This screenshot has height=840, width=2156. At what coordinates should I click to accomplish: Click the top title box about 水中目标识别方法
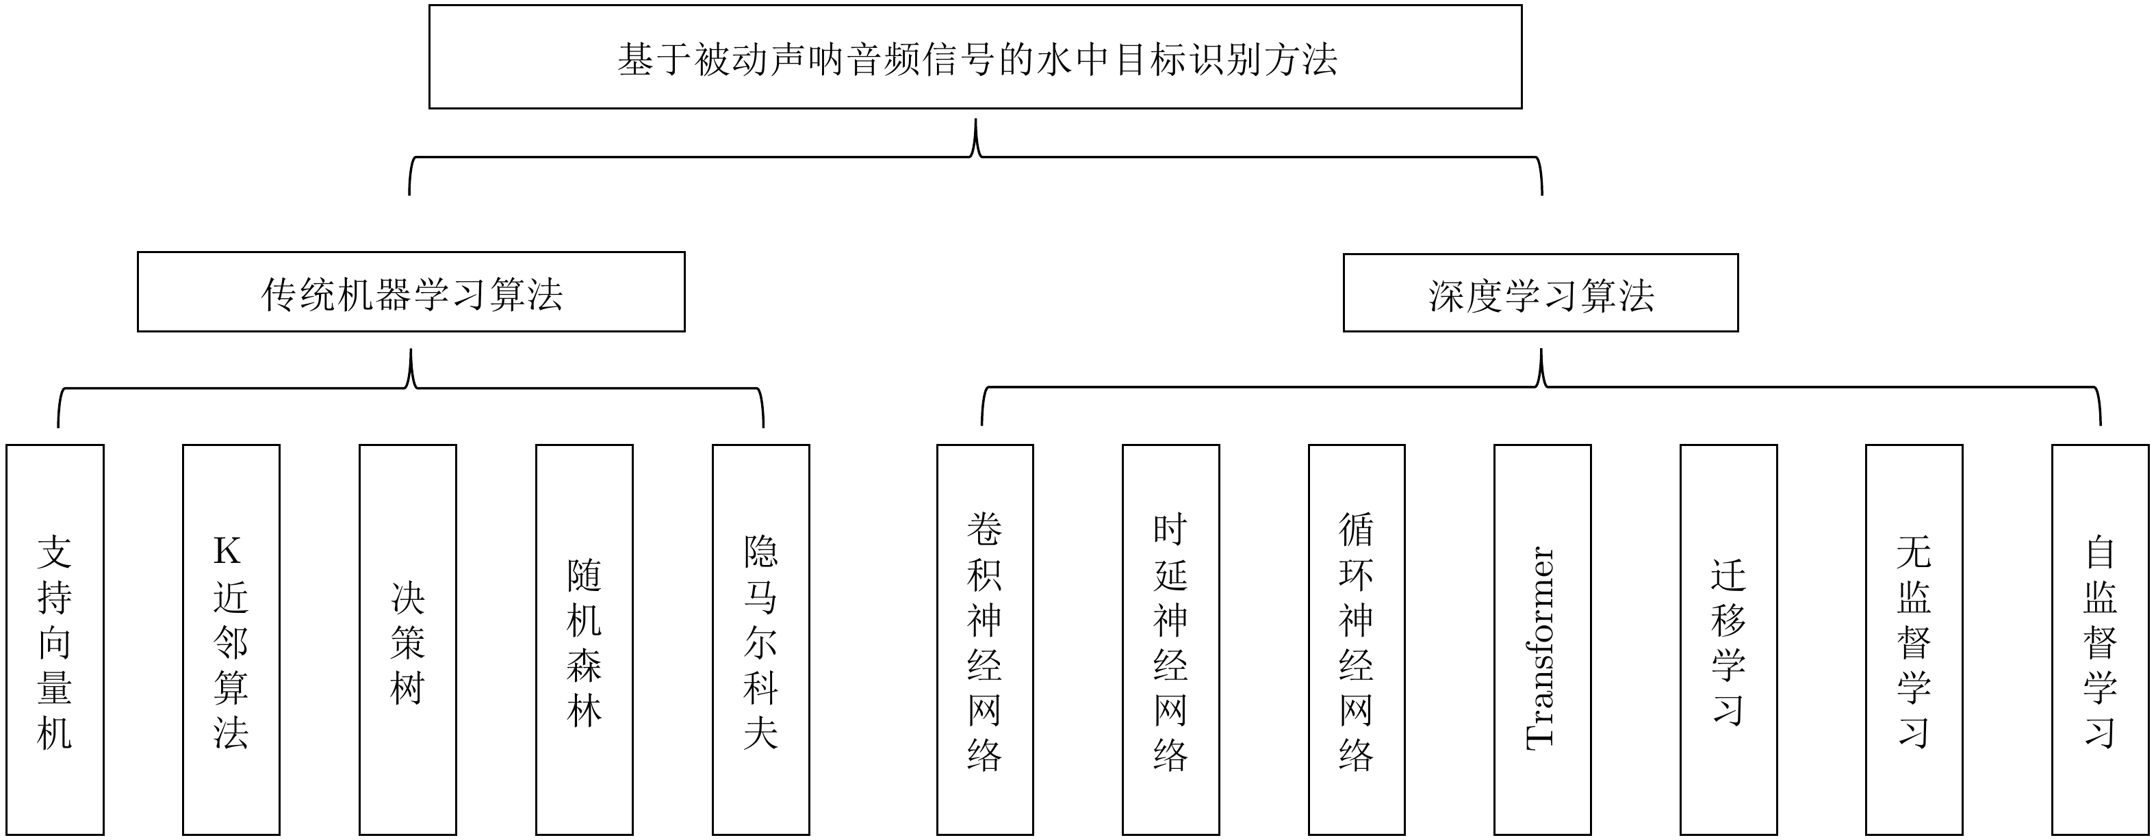pyautogui.click(x=975, y=57)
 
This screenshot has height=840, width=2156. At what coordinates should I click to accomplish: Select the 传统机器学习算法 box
pyautogui.click(x=411, y=292)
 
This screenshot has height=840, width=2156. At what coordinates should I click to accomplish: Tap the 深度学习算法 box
pyautogui.click(x=1541, y=293)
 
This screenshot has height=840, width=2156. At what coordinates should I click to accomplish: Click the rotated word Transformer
pyautogui.click(x=1541, y=648)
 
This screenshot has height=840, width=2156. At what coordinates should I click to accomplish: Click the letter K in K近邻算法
pyautogui.click(x=227, y=551)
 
